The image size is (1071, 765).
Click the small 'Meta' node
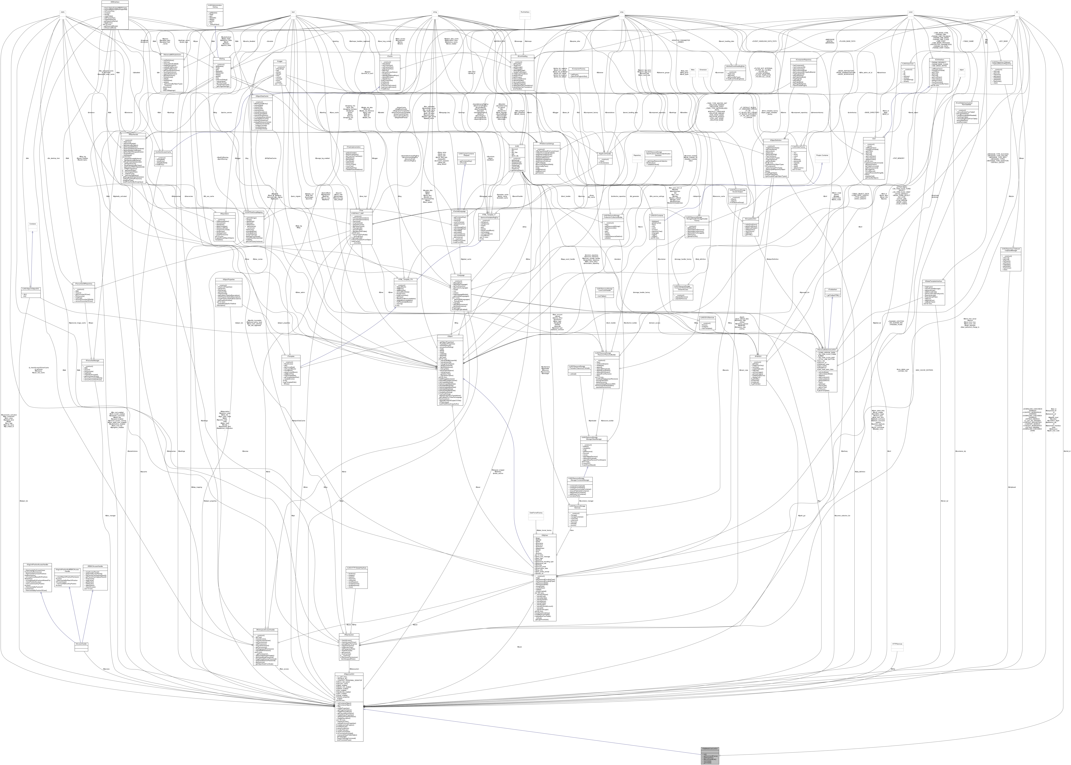(x=692, y=69)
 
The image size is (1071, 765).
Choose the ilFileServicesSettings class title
(x=547, y=144)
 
